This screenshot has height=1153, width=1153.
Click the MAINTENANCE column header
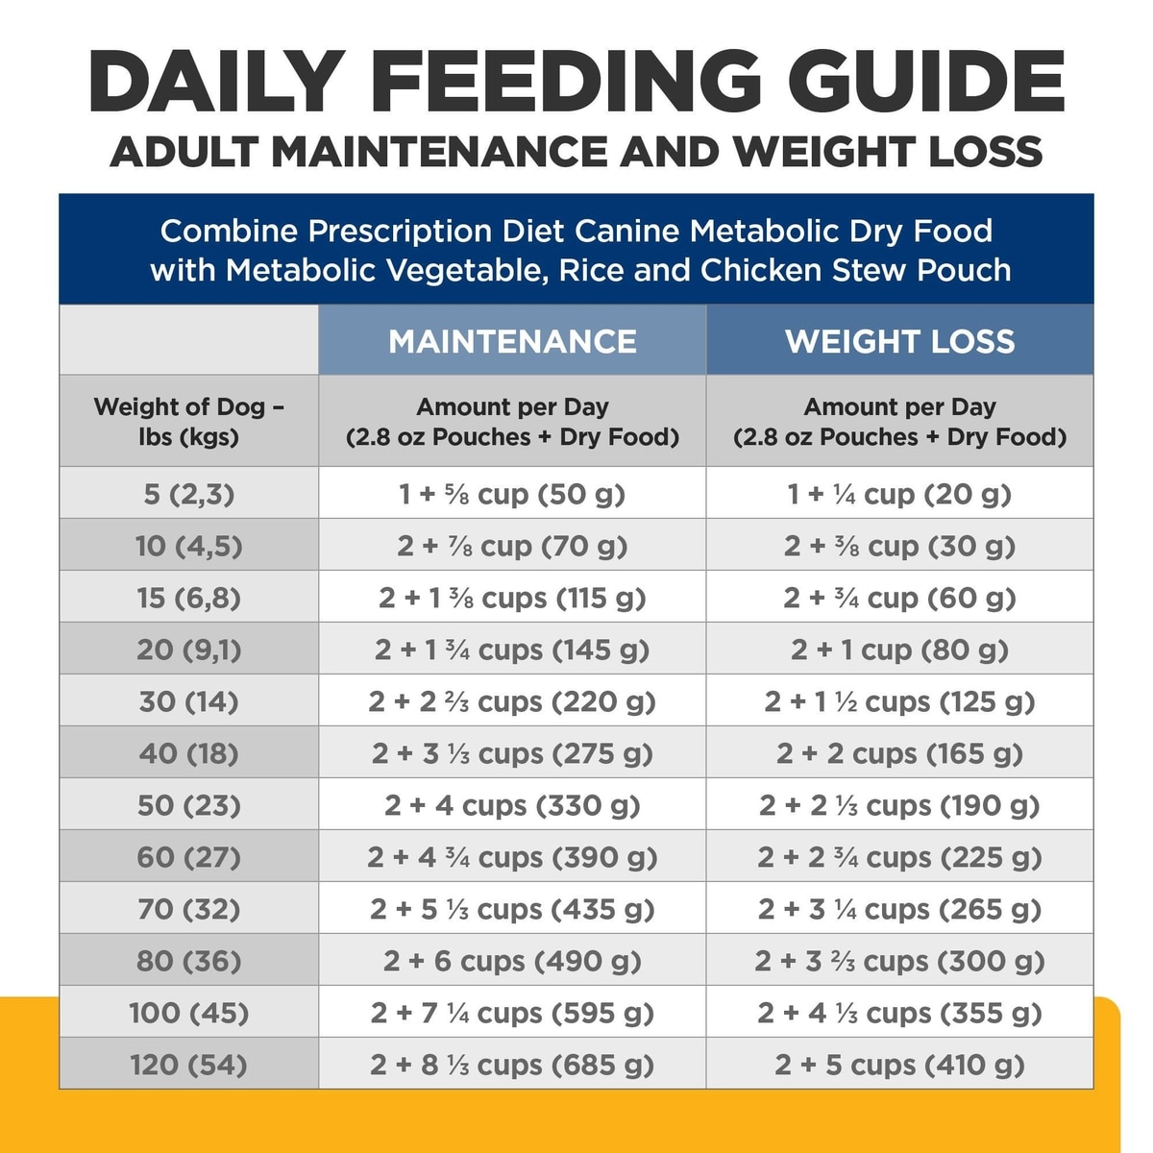(512, 341)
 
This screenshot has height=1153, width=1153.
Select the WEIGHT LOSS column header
(899, 341)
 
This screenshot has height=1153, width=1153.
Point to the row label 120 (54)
(188, 1065)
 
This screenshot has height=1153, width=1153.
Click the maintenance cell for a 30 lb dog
(512, 701)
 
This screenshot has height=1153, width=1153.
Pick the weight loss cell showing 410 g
(899, 1065)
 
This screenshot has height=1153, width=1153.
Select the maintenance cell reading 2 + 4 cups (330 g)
(512, 805)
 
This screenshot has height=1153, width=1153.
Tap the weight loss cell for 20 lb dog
(899, 650)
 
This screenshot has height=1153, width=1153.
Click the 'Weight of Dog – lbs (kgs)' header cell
(188, 421)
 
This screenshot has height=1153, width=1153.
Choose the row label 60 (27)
(188, 857)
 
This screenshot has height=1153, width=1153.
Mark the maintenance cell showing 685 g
(512, 1065)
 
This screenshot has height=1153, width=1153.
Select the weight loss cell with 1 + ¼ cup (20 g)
(899, 494)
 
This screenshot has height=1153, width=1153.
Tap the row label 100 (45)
(188, 1013)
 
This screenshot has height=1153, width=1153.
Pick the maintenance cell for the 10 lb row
(512, 546)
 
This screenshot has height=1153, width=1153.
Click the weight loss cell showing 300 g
(899, 961)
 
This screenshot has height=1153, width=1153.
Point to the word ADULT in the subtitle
(184, 152)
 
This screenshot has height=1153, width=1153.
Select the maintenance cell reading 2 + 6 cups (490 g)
(512, 961)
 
